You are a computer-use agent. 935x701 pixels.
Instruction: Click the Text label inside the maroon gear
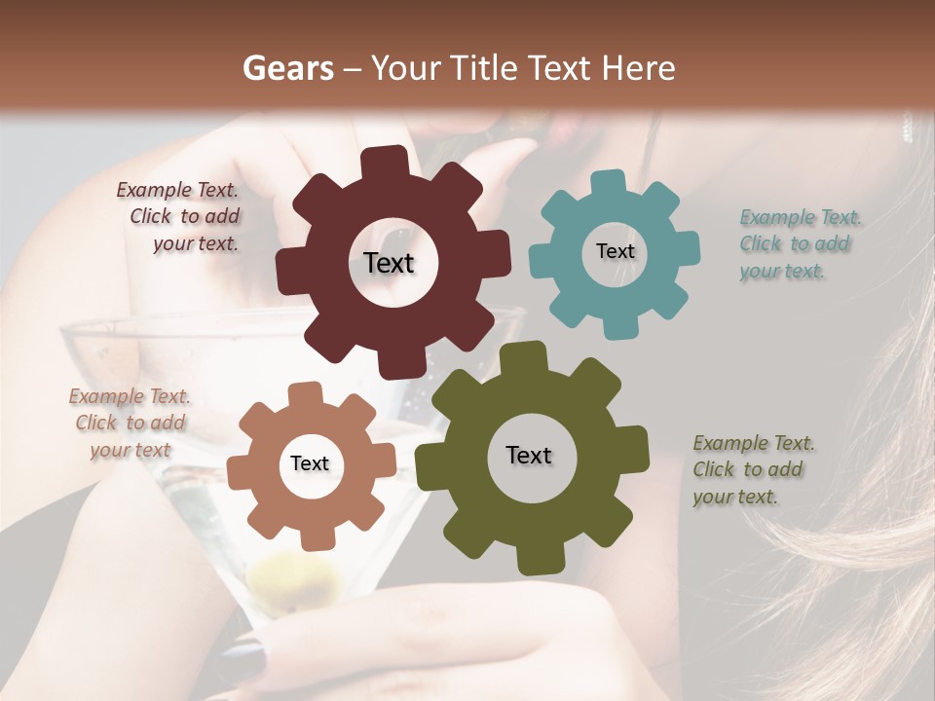(389, 263)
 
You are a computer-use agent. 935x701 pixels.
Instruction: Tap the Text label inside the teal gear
(615, 251)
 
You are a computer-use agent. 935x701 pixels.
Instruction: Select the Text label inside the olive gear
(528, 456)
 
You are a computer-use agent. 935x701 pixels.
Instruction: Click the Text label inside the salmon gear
(309, 464)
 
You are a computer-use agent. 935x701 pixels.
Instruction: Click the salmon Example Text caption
(130, 424)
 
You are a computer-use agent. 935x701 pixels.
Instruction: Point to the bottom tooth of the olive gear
(534, 560)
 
